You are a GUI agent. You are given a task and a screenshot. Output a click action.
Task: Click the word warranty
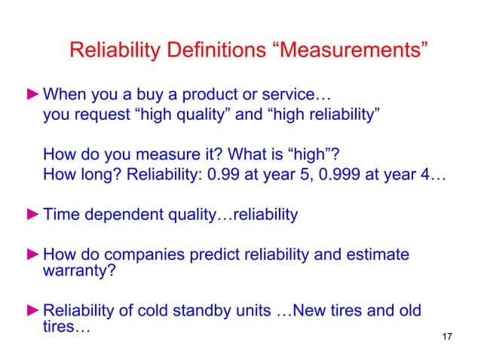79,271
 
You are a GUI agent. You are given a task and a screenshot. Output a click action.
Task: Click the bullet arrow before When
33,96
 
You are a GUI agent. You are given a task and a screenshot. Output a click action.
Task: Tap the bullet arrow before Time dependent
33,215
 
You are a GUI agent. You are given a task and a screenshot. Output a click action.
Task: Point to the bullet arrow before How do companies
33,255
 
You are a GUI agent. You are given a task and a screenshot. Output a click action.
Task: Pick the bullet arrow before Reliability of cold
33,311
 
